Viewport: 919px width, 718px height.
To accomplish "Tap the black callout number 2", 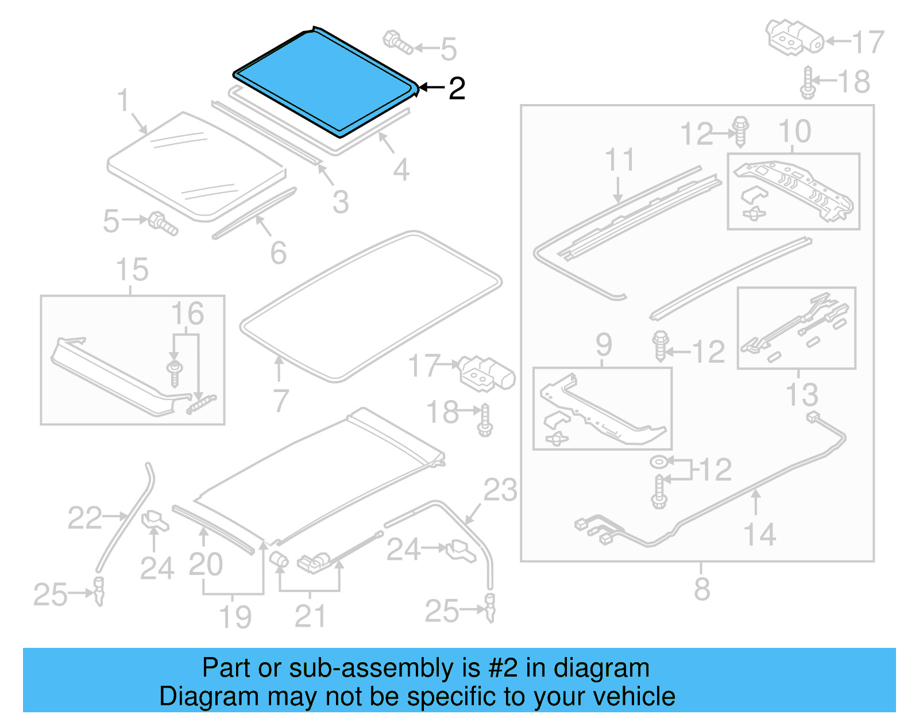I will pyautogui.click(x=457, y=89).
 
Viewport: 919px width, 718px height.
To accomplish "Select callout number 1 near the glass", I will pyautogui.click(x=123, y=100).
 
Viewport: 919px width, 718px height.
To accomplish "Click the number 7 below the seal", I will pyautogui.click(x=280, y=401).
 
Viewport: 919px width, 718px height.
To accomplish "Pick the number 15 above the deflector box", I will pyautogui.click(x=132, y=270).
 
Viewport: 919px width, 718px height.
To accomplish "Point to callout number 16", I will pyautogui.click(x=187, y=314).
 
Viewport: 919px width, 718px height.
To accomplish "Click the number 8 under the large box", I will pyautogui.click(x=702, y=589).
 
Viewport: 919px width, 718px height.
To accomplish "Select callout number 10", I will pyautogui.click(x=794, y=132).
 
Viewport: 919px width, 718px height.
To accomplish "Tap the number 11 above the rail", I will pyautogui.click(x=619, y=160).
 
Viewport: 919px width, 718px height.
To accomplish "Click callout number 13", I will pyautogui.click(x=802, y=395).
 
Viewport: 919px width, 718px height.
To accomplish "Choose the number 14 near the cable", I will pyautogui.click(x=759, y=535).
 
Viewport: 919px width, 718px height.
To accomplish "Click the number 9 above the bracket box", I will pyautogui.click(x=604, y=345).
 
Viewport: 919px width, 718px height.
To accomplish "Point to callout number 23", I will pyautogui.click(x=500, y=490).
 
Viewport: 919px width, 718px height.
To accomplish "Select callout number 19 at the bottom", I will pyautogui.click(x=235, y=617).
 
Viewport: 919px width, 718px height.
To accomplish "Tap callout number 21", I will pyautogui.click(x=310, y=617).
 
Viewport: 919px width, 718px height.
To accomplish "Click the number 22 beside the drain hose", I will pyautogui.click(x=84, y=518).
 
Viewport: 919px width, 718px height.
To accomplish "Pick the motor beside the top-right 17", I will pyautogui.click(x=794, y=37).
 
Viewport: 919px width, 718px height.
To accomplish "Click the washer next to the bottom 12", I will pyautogui.click(x=658, y=462).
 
